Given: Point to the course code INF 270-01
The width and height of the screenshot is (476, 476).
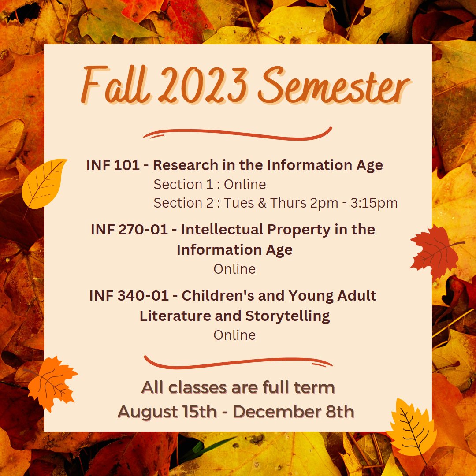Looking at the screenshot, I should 129,230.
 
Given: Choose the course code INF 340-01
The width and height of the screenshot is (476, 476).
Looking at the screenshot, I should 129,296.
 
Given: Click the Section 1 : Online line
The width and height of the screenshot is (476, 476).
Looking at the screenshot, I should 210,185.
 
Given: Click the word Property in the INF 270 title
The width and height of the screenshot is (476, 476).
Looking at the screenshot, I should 312,230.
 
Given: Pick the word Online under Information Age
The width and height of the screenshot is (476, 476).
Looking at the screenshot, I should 234,269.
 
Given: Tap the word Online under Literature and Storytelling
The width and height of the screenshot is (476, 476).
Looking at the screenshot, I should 234,335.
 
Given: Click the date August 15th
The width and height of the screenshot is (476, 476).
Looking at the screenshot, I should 167,412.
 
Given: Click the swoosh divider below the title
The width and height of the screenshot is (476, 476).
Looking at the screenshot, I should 238,133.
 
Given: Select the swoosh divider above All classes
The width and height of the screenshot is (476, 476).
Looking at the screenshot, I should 238,362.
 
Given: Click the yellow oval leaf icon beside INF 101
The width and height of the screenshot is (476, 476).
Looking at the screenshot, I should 44,182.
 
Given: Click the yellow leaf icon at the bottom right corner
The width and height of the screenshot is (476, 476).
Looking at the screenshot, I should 411,425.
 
